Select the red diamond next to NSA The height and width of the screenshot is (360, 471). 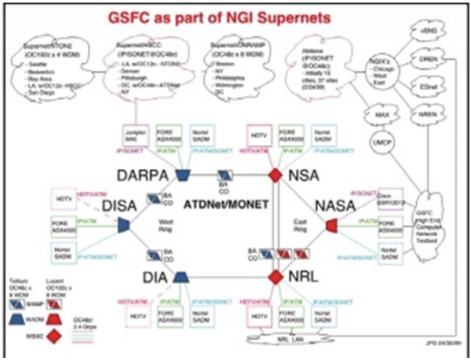275,175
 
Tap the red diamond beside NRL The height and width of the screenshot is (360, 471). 275,277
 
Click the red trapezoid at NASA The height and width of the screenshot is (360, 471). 332,225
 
